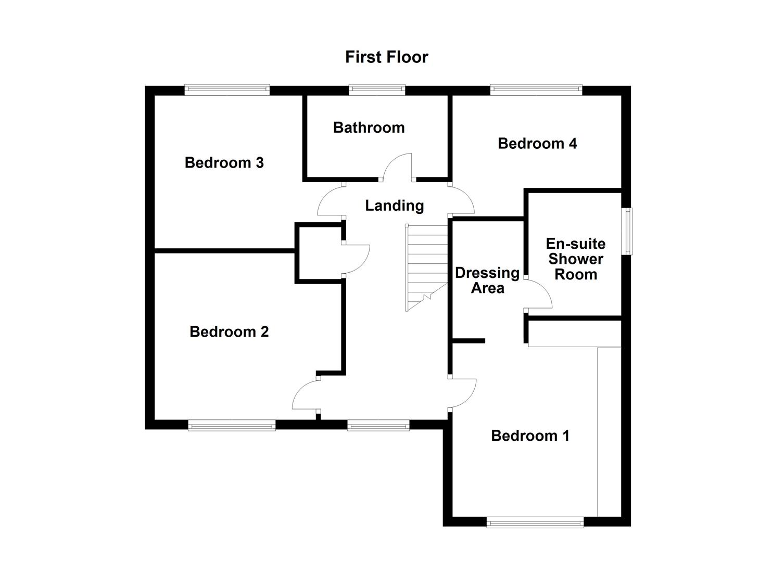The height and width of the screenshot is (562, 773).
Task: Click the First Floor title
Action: (x=386, y=57)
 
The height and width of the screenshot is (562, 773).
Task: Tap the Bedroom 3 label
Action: (x=224, y=163)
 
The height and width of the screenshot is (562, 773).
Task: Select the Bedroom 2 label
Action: (x=229, y=332)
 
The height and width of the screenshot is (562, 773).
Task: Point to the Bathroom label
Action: (x=369, y=127)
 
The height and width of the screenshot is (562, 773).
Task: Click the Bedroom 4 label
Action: (x=537, y=144)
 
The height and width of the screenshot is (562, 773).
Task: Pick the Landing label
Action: (x=394, y=206)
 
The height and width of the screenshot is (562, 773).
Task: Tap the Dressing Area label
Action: (x=487, y=280)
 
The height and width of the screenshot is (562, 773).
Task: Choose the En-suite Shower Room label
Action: (x=575, y=259)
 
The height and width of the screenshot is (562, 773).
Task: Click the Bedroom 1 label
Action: (x=530, y=436)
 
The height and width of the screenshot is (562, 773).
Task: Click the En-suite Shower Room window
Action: (x=628, y=232)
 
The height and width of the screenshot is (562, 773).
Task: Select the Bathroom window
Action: (x=377, y=90)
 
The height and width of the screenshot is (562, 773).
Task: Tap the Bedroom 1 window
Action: (x=535, y=522)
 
